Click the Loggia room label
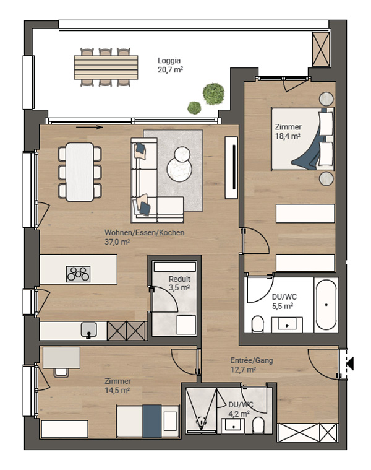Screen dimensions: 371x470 (169, 61)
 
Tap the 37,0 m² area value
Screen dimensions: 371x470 (117, 242)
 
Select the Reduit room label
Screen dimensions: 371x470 (179, 279)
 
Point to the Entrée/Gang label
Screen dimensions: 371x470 (252, 360)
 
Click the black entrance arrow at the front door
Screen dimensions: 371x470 (350, 363)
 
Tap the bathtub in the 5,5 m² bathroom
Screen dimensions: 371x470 (326, 305)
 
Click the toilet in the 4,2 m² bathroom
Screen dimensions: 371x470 (258, 425)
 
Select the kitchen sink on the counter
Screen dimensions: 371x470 (88, 329)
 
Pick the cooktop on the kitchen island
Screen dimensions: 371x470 (78, 274)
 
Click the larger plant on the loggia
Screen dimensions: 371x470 (213, 94)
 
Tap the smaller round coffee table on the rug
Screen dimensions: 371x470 (182, 154)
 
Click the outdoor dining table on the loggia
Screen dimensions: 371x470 (106, 67)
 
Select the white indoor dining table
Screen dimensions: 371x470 (80, 172)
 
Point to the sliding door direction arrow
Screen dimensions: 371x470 (90, 128)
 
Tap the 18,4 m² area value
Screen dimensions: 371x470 (288, 136)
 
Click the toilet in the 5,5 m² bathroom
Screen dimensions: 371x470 (257, 324)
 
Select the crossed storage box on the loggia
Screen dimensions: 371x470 (321, 50)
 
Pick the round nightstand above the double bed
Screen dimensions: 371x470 (326, 98)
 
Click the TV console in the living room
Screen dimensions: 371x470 (231, 167)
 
